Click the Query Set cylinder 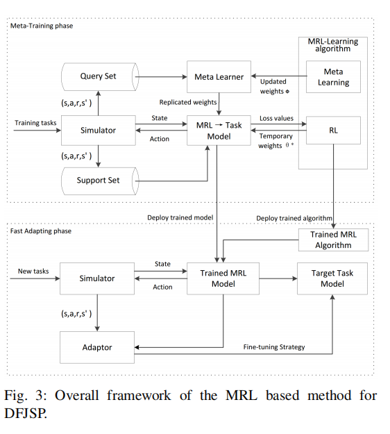[x=99, y=76]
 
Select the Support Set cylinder [x=99, y=181]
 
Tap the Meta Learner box [x=219, y=76]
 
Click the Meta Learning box [x=333, y=76]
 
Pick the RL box [x=333, y=130]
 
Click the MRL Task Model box [x=219, y=131]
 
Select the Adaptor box [x=97, y=347]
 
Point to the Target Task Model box [x=332, y=278]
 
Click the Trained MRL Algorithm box [x=333, y=240]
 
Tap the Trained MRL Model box [x=223, y=278]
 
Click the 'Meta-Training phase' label [x=42, y=26]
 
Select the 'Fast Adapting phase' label [x=41, y=231]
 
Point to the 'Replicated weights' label [x=188, y=102]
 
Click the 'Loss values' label [x=276, y=118]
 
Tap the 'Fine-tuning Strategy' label [x=274, y=347]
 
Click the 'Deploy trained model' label [x=180, y=217]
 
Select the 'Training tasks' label [x=35, y=123]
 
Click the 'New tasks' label [x=33, y=271]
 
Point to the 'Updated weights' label [x=274, y=86]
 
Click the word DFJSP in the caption [x=26, y=413]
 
